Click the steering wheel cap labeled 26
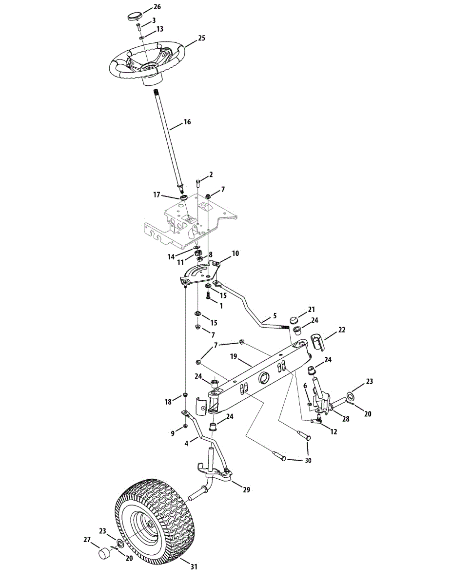click(133, 17)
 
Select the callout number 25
click(201, 38)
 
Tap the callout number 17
click(157, 195)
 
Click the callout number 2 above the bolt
click(211, 174)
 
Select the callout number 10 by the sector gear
click(235, 253)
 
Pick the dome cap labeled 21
click(294, 320)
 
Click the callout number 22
click(342, 330)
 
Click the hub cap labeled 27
click(103, 554)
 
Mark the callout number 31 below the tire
click(194, 566)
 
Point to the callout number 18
click(168, 402)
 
